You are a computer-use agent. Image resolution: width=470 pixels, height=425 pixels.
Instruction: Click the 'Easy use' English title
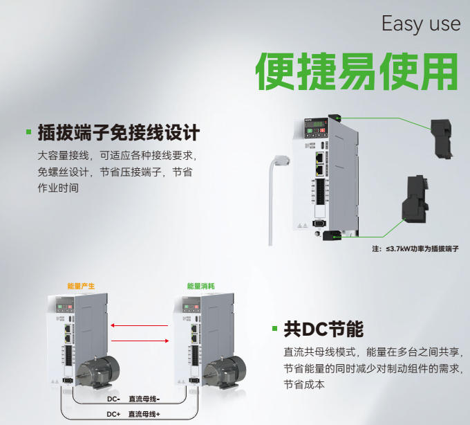point(421,24)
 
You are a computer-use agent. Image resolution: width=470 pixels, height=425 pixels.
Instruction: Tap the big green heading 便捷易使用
point(357,71)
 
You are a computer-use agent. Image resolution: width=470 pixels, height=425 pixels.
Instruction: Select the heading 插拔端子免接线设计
point(119,132)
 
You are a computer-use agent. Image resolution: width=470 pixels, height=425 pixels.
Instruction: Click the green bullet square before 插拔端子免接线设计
point(29,132)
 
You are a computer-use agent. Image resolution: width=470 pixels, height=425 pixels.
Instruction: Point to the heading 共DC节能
point(323,329)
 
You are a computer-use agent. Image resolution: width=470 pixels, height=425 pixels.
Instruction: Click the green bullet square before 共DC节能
point(274,328)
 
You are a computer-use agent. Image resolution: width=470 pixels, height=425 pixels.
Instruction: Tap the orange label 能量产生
point(81,286)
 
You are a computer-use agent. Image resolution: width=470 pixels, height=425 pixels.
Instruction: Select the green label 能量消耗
point(201,286)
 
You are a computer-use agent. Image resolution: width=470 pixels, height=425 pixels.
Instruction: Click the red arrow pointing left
point(140,325)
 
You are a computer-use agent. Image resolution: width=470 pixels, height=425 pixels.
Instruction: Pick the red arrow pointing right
point(140,341)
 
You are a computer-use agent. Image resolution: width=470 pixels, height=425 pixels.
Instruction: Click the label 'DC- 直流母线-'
point(133,399)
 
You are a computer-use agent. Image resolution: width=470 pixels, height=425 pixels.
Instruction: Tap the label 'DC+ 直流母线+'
point(133,414)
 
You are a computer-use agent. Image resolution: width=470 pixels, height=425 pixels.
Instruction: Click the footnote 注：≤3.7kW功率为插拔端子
point(415,248)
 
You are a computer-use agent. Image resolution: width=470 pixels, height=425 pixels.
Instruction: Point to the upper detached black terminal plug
point(442,138)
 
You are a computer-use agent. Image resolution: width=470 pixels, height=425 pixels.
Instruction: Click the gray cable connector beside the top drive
point(281,161)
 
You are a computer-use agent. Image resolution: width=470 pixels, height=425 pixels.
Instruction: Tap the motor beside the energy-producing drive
point(98,372)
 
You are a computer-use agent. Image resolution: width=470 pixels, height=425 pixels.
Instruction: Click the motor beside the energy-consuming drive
point(224,372)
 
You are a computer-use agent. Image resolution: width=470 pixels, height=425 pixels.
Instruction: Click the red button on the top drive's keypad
point(323,130)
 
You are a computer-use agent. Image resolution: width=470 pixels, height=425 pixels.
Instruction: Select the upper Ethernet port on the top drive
point(320,156)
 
